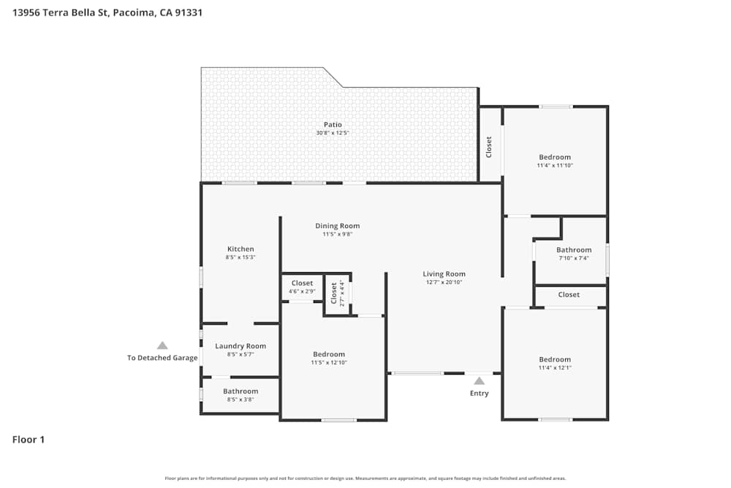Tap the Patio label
[333, 124]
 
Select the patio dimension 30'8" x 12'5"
[333, 133]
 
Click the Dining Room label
[337, 226]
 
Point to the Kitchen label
[240, 249]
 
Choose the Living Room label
[444, 274]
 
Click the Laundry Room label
[240, 346]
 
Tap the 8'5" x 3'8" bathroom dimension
[240, 399]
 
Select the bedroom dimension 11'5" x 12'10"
[328, 363]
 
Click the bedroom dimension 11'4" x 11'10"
[555, 165]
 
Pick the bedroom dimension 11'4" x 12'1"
[555, 367]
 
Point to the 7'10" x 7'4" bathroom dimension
[574, 258]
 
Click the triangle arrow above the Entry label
[479, 380]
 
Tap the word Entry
[479, 394]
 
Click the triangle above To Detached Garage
[162, 345]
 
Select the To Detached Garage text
[162, 358]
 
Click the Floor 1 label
[29, 440]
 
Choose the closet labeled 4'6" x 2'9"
[302, 291]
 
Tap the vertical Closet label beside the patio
[489, 147]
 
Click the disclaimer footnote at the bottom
[365, 478]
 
